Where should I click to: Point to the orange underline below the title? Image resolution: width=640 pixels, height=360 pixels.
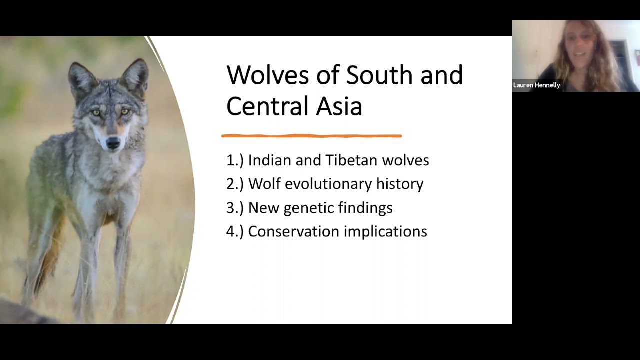coord(311,135)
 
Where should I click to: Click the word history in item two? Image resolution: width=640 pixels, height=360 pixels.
coord(400,184)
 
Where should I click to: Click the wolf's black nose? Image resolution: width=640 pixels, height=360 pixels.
coord(113,144)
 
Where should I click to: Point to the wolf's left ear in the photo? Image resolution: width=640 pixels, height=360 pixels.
coord(82,77)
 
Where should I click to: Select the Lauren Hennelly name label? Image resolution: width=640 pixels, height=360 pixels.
coord(536,85)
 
